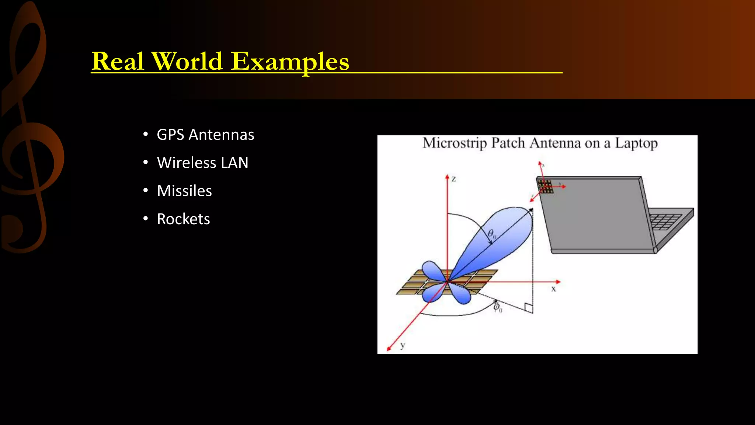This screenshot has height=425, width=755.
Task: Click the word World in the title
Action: coord(187,62)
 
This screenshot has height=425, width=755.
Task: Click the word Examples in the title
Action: coord(290,62)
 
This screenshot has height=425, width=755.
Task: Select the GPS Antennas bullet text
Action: coord(205,135)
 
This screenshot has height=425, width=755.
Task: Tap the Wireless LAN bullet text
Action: coord(202,163)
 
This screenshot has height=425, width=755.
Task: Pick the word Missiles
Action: coord(184,191)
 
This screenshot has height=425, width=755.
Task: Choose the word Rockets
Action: coord(183,219)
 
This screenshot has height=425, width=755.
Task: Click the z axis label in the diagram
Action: coord(454,179)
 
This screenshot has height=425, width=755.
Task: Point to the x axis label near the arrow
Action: coord(553,289)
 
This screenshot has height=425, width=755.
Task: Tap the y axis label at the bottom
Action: coord(403,345)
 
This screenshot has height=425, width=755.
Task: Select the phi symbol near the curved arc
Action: coord(497,307)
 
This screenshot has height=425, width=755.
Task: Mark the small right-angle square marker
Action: coord(528,308)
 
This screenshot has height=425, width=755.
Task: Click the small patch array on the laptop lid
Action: coord(546,186)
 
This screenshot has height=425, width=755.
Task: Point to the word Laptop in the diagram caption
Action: coord(636,144)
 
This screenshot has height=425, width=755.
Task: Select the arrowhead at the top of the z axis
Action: coord(447,177)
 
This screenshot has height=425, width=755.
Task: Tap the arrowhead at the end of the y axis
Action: coord(389,348)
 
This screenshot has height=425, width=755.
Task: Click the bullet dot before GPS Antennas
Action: coord(146,134)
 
